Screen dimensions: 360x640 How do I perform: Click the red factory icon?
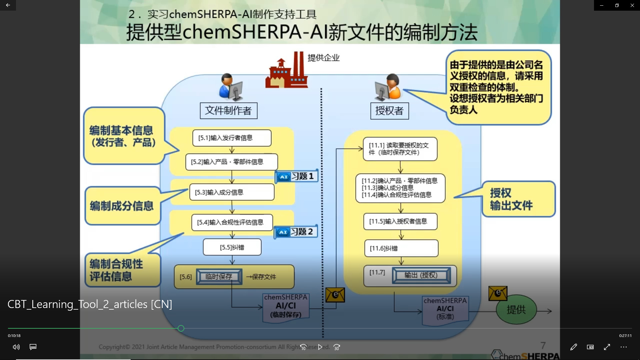coord(286,71)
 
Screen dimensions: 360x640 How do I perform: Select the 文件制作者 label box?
coord(228,111)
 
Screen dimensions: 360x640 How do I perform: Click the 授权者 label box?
coord(389,111)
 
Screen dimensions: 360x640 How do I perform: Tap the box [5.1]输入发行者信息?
coord(232,138)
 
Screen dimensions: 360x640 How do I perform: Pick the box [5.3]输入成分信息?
coord(232,192)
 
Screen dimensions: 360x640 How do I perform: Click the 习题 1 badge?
coord(297,176)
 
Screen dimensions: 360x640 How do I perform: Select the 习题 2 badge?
coord(296,232)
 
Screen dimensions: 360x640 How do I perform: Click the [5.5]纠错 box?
coord(232,247)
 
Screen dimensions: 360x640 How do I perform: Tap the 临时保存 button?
coord(219,277)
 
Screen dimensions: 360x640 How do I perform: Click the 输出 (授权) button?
coord(421,275)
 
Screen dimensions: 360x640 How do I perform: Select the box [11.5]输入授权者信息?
coord(400,221)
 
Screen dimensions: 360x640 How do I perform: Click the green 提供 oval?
coord(516,310)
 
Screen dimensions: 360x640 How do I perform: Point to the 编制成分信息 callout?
coord(122,206)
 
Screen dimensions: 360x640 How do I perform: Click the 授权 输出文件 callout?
coord(518,199)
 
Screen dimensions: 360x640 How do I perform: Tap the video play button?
coord(320,347)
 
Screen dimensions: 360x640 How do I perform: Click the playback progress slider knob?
coord(181,328)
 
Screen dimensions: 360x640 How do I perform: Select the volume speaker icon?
coord(16,347)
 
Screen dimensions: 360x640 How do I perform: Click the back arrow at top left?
coord(8,5)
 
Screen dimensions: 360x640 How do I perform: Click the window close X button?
coord(632,5)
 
